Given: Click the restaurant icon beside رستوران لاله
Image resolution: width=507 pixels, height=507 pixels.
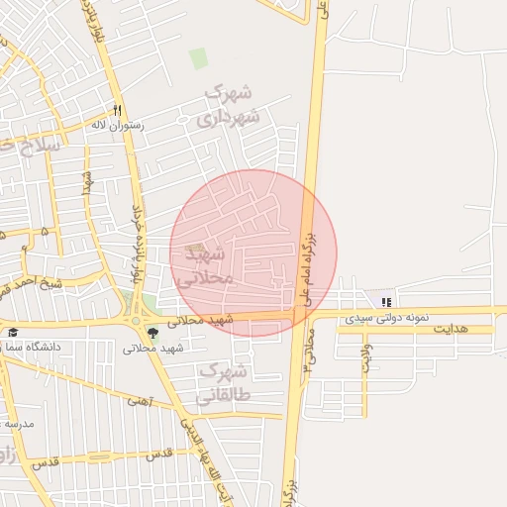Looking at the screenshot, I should click(117, 110).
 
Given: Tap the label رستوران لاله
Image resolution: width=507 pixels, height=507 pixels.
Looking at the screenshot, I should click(118, 126).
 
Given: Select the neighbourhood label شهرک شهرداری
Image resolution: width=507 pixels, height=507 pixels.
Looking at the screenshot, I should click(227, 105).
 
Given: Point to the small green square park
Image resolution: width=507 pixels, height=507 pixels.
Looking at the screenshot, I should click(199, 58).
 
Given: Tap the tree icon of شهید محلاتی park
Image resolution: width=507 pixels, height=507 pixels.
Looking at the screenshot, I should click(152, 333).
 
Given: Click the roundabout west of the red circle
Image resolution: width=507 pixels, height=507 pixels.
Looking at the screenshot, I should click(135, 320).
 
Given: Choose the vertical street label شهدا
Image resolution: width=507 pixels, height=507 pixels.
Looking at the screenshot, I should click(87, 182).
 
